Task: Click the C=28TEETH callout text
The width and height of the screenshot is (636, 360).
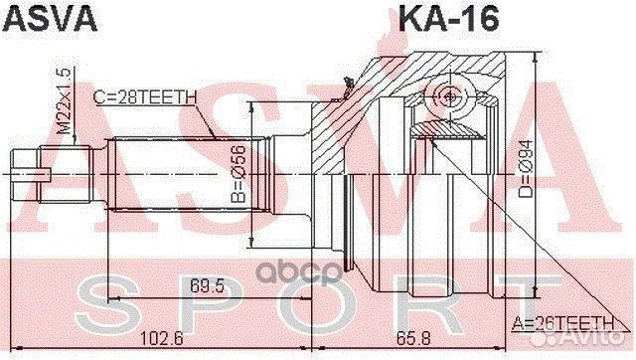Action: coord(146,96)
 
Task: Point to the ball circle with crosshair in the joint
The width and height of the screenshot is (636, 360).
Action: coord(451,95)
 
